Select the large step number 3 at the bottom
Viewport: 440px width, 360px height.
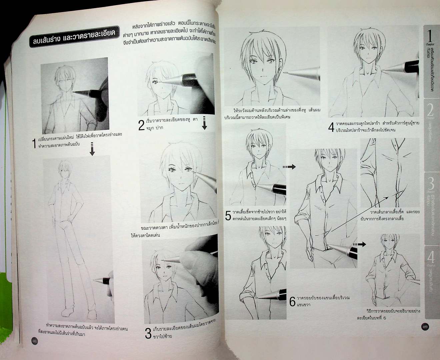(x=149, y=334)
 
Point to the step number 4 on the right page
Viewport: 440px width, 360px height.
(x=331, y=127)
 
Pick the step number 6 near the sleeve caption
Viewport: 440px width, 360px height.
(x=292, y=302)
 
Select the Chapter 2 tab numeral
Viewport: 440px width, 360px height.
(x=430, y=110)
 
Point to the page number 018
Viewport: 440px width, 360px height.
(x=35, y=340)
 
